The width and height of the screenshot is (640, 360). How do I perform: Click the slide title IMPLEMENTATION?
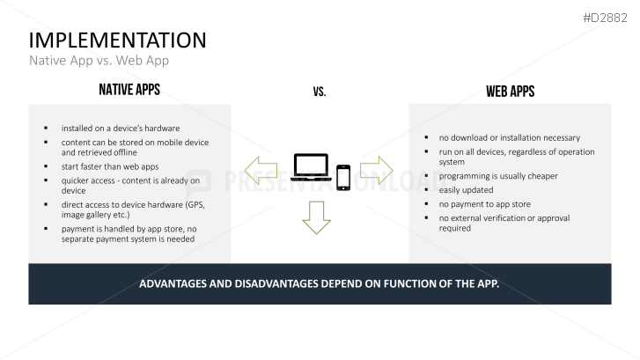tap(117, 40)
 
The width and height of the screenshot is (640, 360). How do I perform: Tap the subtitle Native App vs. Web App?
tap(99, 61)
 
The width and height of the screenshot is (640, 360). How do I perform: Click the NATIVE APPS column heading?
tap(129, 90)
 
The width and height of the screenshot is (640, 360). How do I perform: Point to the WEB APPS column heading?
tap(510, 92)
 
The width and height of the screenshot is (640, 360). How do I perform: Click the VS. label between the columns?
tap(319, 92)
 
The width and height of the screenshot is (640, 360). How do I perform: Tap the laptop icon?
tap(310, 167)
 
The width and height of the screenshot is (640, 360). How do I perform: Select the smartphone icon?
tap(342, 177)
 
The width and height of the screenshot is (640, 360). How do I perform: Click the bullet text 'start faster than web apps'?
tap(109, 165)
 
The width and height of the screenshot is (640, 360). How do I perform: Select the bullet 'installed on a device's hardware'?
tap(121, 128)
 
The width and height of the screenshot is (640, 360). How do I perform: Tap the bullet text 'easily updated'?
tap(466, 189)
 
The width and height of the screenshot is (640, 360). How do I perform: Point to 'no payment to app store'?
tap(484, 203)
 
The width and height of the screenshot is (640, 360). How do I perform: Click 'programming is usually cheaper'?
tap(498, 176)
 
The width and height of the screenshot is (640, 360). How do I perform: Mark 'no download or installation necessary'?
tap(509, 137)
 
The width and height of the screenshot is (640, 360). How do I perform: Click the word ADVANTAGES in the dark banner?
tap(179, 284)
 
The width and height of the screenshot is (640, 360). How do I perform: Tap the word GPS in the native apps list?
tap(192, 204)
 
